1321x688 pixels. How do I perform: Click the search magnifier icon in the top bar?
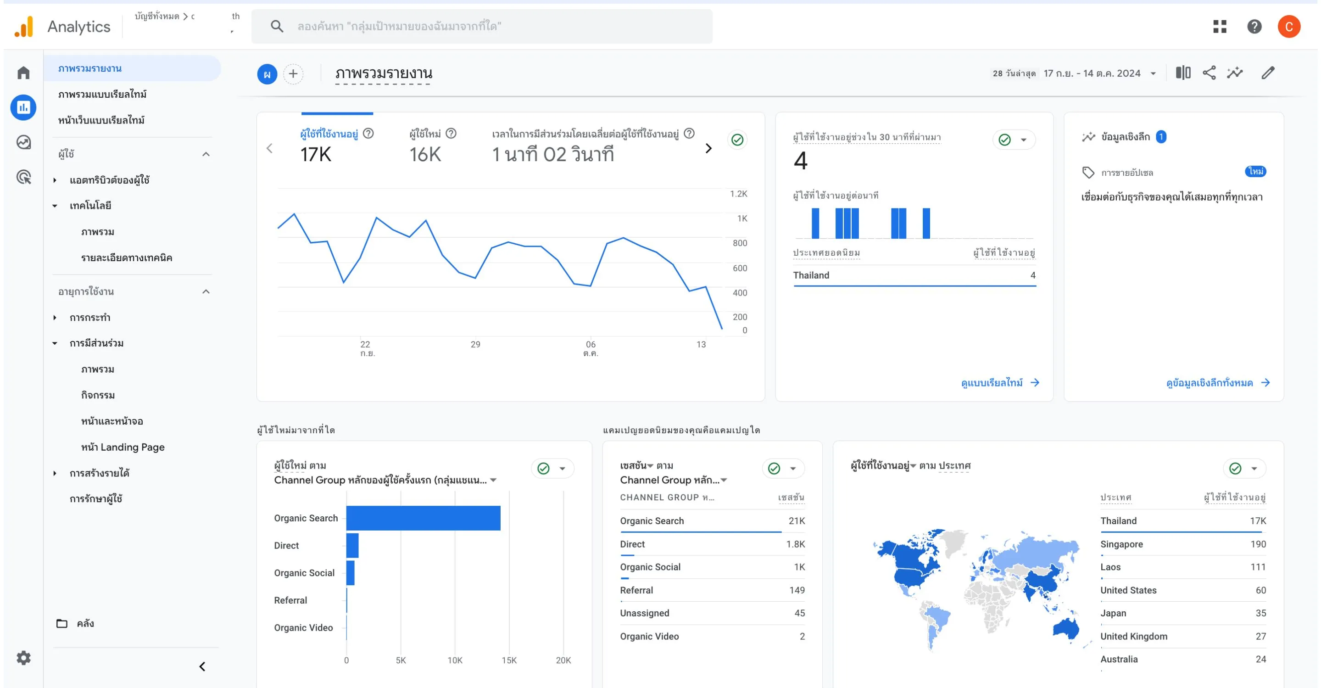point(276,26)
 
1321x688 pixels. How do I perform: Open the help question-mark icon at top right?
point(1254,26)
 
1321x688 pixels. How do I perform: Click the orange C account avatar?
point(1288,26)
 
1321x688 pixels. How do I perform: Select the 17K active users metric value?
point(316,154)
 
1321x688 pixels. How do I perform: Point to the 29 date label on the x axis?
point(475,344)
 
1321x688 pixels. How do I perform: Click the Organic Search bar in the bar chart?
point(423,518)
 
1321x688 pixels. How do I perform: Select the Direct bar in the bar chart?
point(352,545)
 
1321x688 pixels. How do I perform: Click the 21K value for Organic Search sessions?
point(796,521)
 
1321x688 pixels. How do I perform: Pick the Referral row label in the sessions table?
point(636,590)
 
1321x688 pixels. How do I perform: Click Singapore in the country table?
point(1121,544)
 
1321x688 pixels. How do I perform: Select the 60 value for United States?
point(1260,590)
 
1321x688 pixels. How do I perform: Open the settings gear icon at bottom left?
point(23,658)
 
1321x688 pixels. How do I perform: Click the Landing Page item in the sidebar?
point(123,447)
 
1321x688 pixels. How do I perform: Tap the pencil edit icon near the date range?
point(1268,73)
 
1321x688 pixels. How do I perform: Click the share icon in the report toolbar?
point(1209,73)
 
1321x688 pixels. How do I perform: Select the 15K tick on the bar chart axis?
point(509,660)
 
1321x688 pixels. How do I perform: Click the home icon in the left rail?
point(23,73)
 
